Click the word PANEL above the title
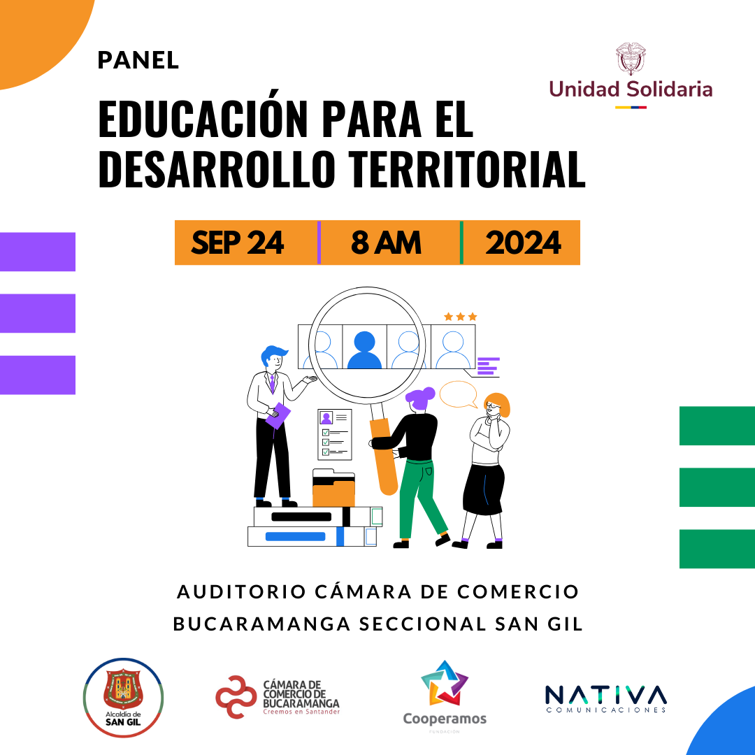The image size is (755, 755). pyautogui.click(x=138, y=60)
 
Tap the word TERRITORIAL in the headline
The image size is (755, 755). pyautogui.click(x=466, y=169)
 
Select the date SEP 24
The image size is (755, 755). pyautogui.click(x=238, y=242)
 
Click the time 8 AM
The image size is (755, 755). pyautogui.click(x=386, y=242)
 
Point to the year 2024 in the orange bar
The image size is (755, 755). pyautogui.click(x=523, y=242)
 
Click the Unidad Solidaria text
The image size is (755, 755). pyautogui.click(x=631, y=89)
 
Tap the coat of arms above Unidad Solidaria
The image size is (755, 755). pyautogui.click(x=631, y=59)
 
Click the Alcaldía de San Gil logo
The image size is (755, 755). pyautogui.click(x=123, y=698)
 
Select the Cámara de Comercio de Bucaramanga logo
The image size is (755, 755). pyautogui.click(x=278, y=697)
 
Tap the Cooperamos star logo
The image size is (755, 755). pyautogui.click(x=445, y=683)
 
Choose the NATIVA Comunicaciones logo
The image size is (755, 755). pyautogui.click(x=606, y=698)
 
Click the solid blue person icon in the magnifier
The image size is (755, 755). pyautogui.click(x=364, y=350)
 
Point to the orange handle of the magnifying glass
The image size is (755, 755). pyautogui.click(x=384, y=456)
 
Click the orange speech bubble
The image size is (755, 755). pyautogui.click(x=458, y=394)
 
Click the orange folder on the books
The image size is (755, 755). pyautogui.click(x=333, y=491)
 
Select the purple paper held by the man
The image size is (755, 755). pyautogui.click(x=278, y=415)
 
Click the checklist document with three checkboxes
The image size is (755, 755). pyautogui.click(x=335, y=434)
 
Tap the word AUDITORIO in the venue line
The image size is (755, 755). pyautogui.click(x=242, y=592)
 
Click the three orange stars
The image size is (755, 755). pyautogui.click(x=460, y=317)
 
